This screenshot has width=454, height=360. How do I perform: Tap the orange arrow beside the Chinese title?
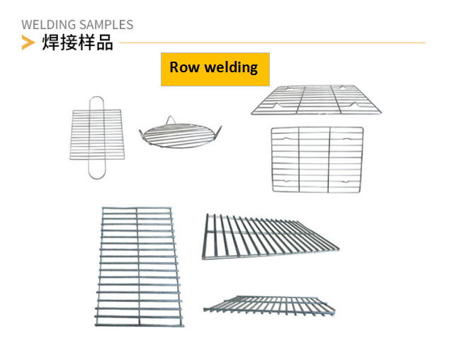point(28,43)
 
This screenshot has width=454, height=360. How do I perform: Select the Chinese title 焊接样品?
point(77,43)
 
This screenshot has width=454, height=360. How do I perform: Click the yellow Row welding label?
point(215,69)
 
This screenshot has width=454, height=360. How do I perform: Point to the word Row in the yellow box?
point(185,68)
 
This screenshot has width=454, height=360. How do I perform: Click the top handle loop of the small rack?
point(97,103)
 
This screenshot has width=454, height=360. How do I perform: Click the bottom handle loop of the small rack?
point(97,171)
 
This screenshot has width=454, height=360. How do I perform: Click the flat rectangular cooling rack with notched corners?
point(317,159)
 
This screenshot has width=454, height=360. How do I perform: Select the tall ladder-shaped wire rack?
point(139,266)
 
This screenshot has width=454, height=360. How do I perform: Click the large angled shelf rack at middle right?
point(270,235)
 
